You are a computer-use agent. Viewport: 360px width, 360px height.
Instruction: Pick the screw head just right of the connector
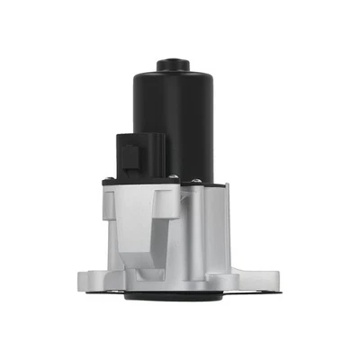[x=169, y=180]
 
